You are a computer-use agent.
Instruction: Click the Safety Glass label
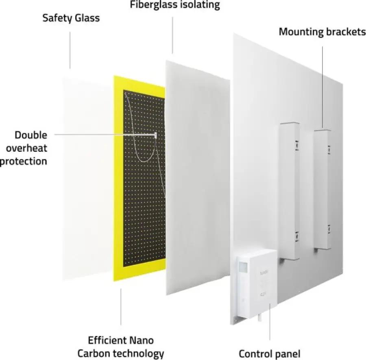[71, 18]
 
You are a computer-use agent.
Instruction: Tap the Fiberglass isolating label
[175, 5]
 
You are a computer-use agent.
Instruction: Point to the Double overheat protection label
[24, 148]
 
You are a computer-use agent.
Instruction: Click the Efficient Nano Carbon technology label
[121, 347]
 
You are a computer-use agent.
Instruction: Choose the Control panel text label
[270, 354]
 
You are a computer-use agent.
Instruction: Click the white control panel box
[257, 284]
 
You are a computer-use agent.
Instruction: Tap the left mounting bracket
[290, 191]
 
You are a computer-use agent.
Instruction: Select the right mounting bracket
[322, 189]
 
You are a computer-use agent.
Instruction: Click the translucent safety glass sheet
[87, 179]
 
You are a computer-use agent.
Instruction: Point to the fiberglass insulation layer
[198, 177]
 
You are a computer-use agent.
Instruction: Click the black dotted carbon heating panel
[144, 179]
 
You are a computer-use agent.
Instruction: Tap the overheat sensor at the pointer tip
[155, 135]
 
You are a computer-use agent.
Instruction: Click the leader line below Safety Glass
[70, 50]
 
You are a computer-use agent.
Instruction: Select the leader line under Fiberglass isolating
[173, 35]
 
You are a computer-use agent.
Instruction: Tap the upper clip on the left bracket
[297, 145]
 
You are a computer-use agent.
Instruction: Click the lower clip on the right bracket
[329, 229]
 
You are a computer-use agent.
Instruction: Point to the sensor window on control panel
[243, 266]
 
